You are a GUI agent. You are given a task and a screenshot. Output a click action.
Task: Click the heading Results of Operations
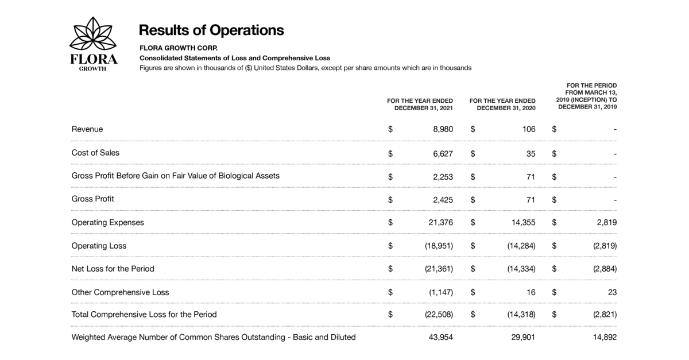coord(211,30)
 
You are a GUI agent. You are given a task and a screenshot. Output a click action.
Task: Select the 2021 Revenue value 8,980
coord(443,129)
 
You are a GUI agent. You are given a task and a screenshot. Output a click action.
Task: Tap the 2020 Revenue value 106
coord(528,129)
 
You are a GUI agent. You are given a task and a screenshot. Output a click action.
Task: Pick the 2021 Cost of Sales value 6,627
coord(443,153)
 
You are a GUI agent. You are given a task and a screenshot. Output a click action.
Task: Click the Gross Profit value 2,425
coord(443,200)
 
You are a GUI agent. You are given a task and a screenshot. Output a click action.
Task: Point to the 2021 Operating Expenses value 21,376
coord(441,222)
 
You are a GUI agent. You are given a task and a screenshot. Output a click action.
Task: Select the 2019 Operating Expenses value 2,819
coord(606,222)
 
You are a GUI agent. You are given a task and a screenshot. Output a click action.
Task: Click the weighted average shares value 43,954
coord(441,337)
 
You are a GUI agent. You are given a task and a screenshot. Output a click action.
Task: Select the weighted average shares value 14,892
coord(605,337)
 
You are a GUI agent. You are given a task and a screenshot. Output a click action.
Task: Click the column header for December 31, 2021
coord(420,104)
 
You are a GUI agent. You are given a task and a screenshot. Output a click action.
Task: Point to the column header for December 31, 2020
coord(502,104)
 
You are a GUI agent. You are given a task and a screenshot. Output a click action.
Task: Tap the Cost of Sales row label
coord(95,153)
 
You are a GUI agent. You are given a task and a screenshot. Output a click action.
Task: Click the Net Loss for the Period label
coord(113,269)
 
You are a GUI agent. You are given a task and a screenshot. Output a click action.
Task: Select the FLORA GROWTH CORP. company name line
coord(179,48)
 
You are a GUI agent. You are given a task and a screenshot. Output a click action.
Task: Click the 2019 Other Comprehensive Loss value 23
coord(612,292)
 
